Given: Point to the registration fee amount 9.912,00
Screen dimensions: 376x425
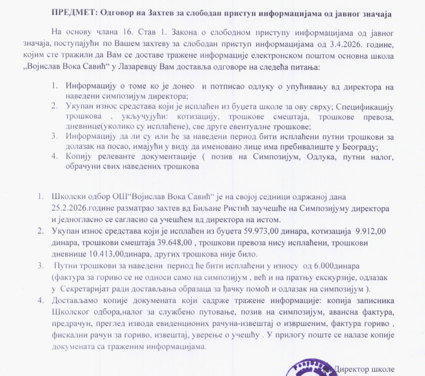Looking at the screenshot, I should pos(371,232).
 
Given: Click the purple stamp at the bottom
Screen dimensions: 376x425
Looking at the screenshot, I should pos(305,369).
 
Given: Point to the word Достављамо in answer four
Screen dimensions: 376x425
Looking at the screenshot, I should pos(76,300).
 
